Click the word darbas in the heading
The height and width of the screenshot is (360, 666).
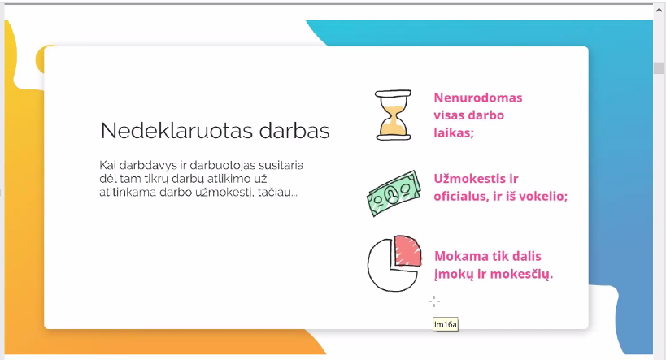click(294, 130)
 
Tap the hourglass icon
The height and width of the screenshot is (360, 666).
click(393, 115)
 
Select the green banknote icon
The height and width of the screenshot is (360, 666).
click(394, 193)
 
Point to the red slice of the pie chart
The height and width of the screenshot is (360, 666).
click(407, 250)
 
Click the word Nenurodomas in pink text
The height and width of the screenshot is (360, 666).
click(478, 98)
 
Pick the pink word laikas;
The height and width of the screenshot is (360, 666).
click(454, 133)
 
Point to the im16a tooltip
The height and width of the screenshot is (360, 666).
click(446, 325)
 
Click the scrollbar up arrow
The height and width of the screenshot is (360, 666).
click(659, 10)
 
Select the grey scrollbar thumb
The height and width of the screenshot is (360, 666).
click(659, 68)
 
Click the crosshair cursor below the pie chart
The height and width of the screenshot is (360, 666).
click(434, 301)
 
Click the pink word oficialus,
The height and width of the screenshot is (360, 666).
click(461, 196)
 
